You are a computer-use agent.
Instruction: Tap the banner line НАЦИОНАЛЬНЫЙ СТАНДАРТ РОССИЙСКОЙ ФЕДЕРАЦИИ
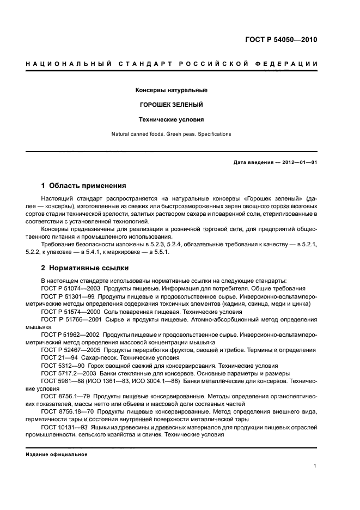click(172, 64)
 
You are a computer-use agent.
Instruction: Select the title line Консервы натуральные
click(172, 90)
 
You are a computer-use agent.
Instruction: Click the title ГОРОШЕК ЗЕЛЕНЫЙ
click(172, 105)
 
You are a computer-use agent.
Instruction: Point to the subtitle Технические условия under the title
click(172, 119)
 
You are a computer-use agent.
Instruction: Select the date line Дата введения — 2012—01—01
click(275, 163)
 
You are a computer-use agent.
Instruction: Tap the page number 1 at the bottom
click(315, 466)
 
